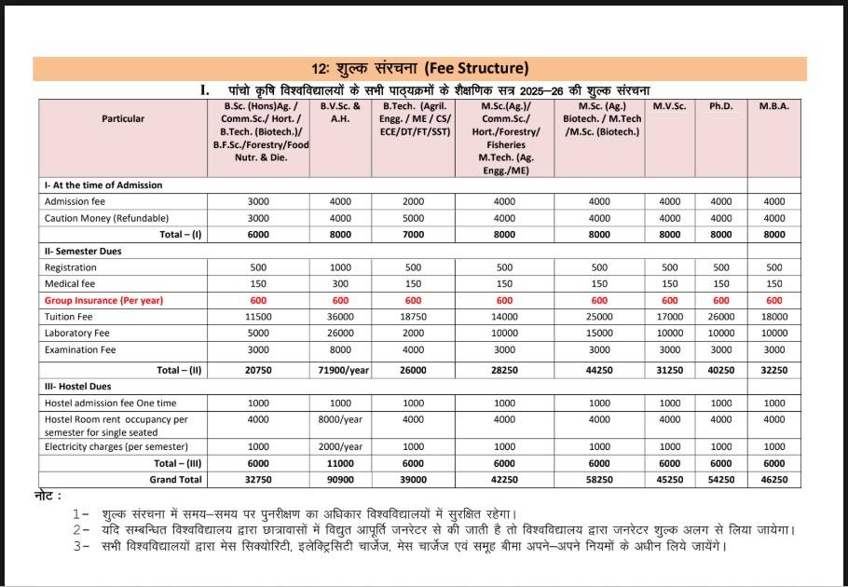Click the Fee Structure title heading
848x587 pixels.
(420, 68)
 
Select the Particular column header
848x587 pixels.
(123, 119)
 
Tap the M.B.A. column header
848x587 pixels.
(773, 106)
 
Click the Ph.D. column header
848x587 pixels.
(721, 106)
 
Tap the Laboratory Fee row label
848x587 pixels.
(77, 334)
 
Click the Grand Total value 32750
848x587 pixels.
(257, 480)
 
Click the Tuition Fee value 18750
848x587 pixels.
(413, 317)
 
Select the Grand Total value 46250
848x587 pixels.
(773, 480)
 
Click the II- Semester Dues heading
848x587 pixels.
(83, 252)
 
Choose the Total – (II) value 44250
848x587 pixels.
(599, 370)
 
